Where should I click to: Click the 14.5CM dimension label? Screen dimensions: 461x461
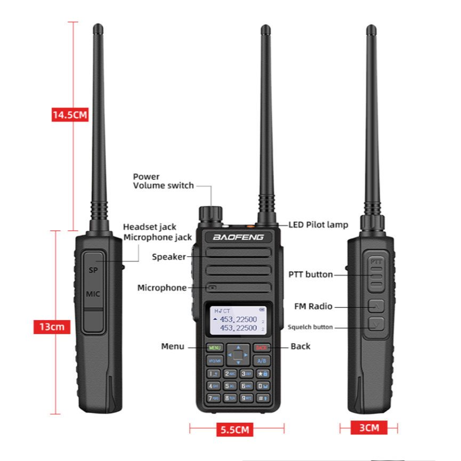70,115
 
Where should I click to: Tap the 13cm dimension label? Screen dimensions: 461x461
52,326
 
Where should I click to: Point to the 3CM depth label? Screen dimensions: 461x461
368,427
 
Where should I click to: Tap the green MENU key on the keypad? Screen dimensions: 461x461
215,347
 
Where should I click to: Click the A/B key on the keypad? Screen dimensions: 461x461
261,361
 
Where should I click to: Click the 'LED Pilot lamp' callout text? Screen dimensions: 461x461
318,225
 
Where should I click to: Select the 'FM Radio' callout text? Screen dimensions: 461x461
313,306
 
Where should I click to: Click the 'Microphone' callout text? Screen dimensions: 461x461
162,288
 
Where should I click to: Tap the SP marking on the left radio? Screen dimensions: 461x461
93,270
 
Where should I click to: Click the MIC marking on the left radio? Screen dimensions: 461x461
93,294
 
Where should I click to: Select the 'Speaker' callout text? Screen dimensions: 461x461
168,257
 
